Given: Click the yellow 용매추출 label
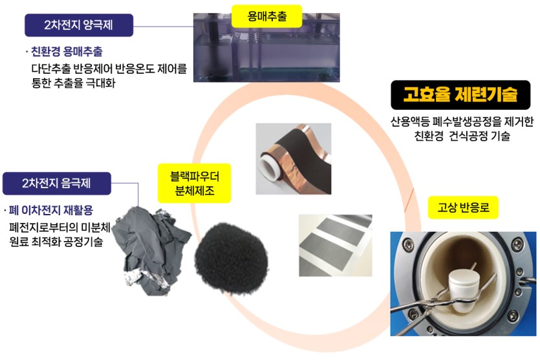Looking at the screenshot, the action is pos(266,16).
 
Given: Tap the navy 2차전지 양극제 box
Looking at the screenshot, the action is pos(79,25).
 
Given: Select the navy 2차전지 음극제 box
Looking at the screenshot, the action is pos(57,184).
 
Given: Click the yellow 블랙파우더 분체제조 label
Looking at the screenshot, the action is pos(194,183).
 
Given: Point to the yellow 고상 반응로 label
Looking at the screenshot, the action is pos(463,207).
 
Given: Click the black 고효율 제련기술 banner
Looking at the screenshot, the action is pos(460,95).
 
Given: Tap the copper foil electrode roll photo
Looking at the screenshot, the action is pos(294,158).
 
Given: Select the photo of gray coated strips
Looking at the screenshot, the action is pos(336,246).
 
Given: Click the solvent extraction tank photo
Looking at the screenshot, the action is pos(266,47).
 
